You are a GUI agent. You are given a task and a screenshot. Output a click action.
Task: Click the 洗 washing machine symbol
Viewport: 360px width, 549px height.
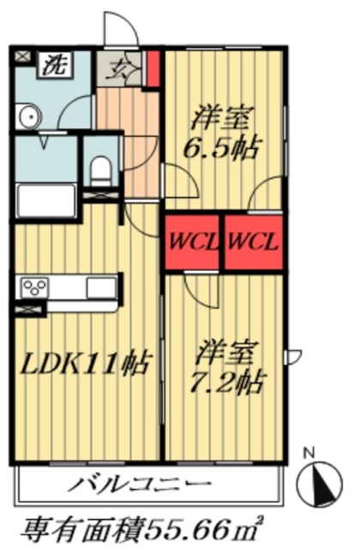[53, 63]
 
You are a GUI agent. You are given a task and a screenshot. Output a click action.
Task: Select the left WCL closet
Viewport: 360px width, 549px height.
[193, 242]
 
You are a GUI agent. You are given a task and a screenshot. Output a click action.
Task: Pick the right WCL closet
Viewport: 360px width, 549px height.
[253, 242]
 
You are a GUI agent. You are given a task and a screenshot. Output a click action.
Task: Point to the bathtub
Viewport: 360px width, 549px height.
[46, 201]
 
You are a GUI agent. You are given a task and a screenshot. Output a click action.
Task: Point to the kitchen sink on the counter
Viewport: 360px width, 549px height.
[99, 286]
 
